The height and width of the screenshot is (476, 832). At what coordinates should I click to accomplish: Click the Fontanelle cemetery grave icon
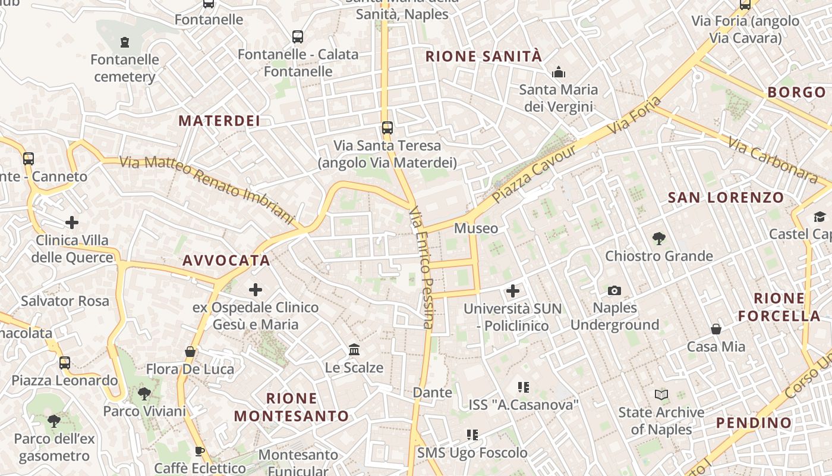(125, 42)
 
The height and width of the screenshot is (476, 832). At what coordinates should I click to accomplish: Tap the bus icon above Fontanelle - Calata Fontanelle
(298, 37)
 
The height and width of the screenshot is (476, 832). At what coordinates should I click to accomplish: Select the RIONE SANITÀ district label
(484, 57)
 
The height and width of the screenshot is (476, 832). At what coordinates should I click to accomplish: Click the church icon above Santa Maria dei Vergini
(558, 73)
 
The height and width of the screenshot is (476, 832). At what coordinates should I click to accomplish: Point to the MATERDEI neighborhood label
(219, 121)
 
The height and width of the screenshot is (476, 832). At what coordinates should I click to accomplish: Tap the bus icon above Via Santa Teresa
(387, 128)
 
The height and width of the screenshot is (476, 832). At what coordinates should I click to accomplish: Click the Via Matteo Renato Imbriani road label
(207, 189)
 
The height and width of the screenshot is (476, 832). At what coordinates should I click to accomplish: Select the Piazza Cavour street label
(534, 173)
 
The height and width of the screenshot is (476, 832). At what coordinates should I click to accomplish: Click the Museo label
(476, 228)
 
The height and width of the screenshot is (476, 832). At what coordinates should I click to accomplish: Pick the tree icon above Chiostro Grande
(658, 239)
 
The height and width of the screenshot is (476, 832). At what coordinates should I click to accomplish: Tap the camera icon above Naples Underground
(614, 290)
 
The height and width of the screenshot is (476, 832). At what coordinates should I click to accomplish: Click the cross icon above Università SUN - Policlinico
(512, 291)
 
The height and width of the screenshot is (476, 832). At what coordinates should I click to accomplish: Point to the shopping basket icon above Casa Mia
(716, 329)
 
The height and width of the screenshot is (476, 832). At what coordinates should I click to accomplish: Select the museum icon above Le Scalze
(354, 349)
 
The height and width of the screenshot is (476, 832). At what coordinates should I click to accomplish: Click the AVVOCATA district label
(226, 261)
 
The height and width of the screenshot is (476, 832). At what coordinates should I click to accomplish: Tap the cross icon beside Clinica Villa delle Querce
(72, 223)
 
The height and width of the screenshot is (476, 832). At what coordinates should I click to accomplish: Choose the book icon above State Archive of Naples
(661, 394)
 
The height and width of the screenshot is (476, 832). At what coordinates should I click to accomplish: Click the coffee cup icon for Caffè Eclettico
(200, 451)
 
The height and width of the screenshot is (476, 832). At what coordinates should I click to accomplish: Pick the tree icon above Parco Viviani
(144, 393)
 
